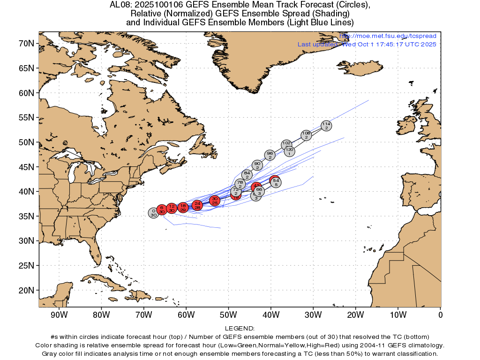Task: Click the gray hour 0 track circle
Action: click(x=153, y=213)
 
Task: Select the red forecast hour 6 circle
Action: click(x=162, y=209)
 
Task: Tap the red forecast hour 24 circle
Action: click(x=197, y=205)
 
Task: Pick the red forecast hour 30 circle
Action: click(x=215, y=201)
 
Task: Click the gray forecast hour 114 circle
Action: click(x=326, y=125)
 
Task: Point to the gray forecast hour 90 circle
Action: click(x=257, y=165)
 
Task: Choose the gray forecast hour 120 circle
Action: click(x=290, y=151)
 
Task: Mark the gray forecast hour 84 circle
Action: click(x=247, y=175)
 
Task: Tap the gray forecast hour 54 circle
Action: click(x=276, y=182)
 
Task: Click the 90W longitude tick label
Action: click(x=59, y=315)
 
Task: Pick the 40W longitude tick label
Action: click(x=271, y=315)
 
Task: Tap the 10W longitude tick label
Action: click(x=398, y=315)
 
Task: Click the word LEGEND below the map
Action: click(x=240, y=329)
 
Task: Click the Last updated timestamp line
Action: click(x=367, y=45)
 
